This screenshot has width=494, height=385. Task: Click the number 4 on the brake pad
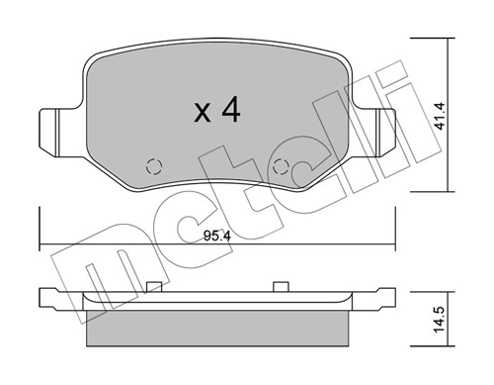(230, 112)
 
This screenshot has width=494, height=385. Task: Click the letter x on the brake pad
(202, 115)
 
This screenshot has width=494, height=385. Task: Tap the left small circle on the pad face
(151, 166)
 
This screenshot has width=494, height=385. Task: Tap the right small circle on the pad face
(281, 166)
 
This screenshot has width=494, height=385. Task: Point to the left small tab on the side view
(153, 287)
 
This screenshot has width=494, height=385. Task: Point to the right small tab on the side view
(281, 287)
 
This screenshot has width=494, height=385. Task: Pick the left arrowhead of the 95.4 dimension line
(41, 247)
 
